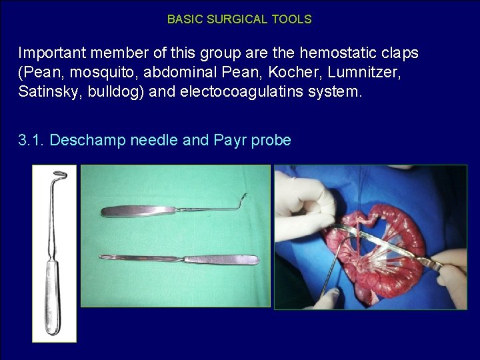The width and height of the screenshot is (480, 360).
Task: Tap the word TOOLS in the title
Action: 291,19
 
